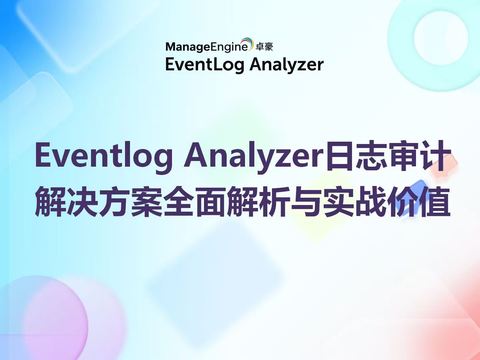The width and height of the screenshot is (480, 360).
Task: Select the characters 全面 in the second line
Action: point(195,202)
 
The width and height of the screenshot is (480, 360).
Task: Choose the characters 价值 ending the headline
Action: point(419,202)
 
